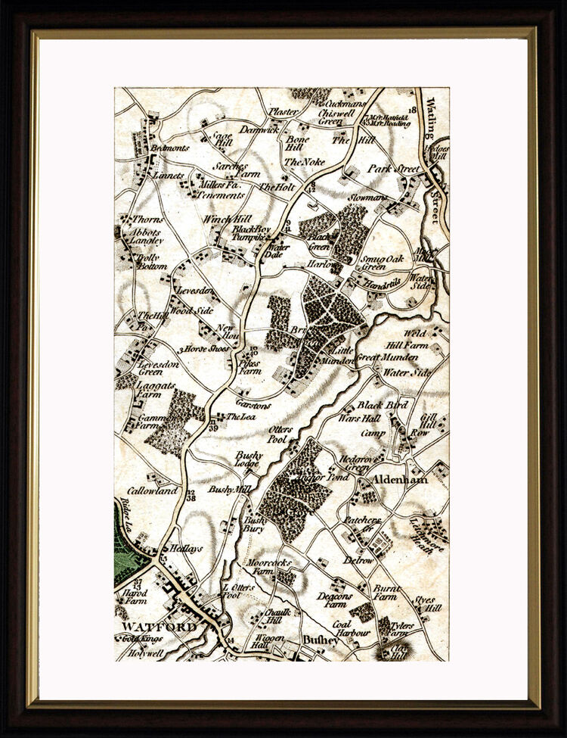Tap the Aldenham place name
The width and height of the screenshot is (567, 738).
(x=398, y=480)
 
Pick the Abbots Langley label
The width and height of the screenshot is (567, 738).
(x=147, y=237)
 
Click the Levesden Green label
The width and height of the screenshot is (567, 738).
(x=151, y=368)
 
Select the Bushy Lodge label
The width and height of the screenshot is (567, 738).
(x=248, y=459)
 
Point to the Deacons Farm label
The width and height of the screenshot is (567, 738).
(x=334, y=599)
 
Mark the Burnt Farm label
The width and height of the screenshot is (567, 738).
(x=385, y=592)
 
